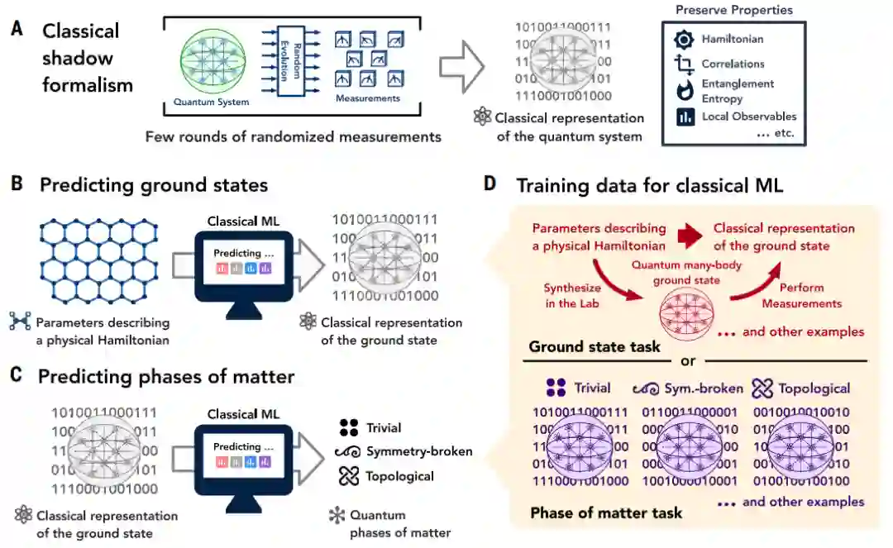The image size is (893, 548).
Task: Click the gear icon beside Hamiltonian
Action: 684,39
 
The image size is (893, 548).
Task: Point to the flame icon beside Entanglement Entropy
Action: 684,89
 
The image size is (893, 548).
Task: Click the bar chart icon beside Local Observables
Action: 684,117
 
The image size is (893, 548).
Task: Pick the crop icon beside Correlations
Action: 684,64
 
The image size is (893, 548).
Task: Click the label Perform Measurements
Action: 802,296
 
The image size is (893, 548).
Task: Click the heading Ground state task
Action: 595,346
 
